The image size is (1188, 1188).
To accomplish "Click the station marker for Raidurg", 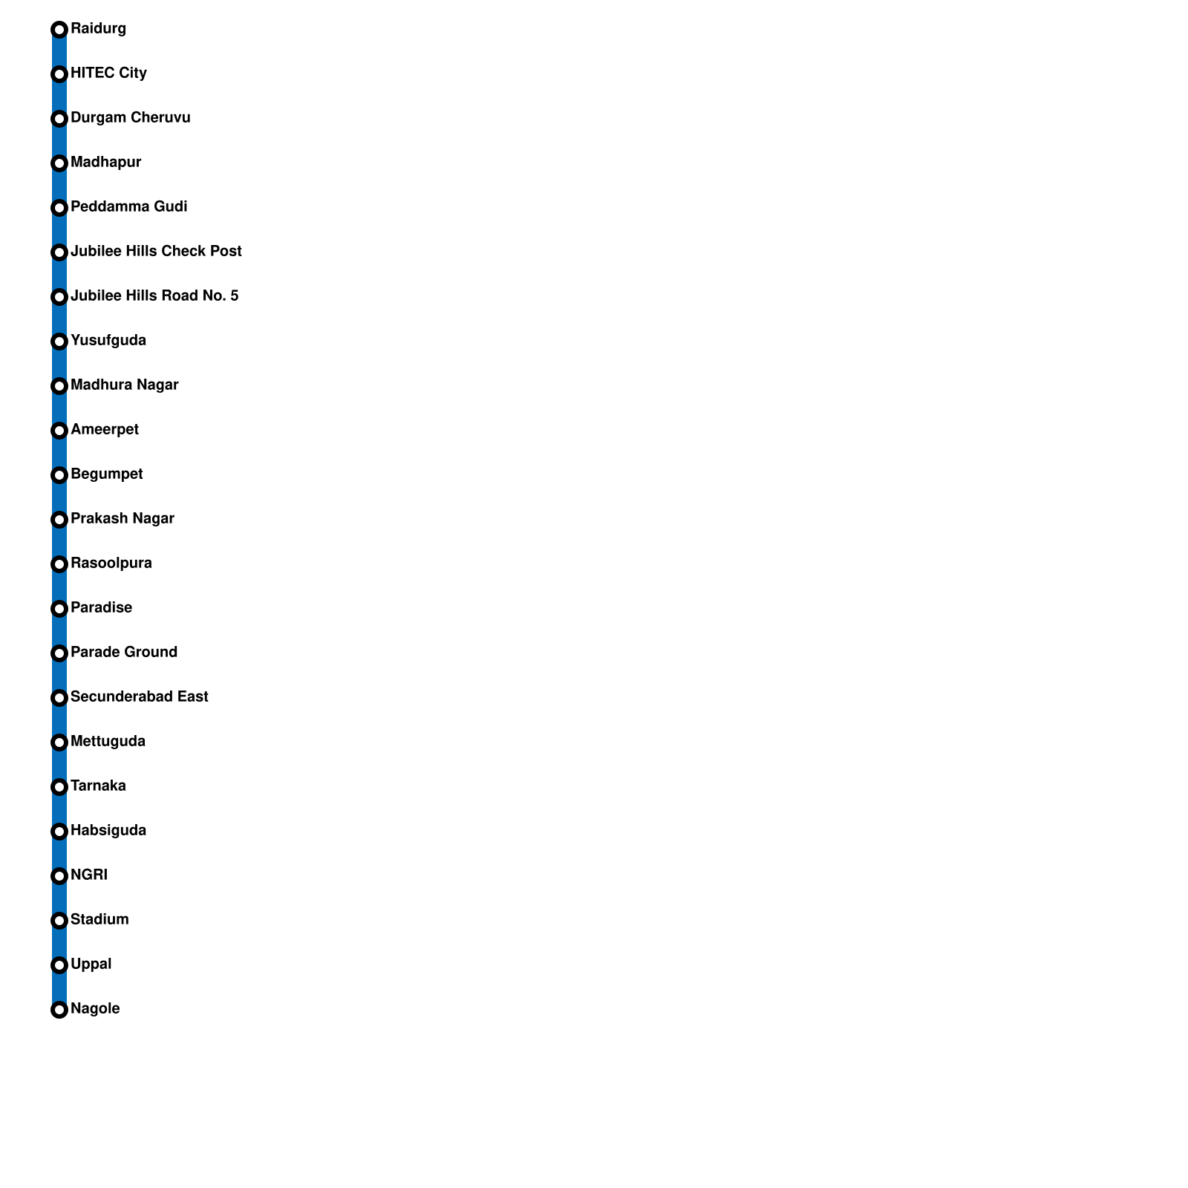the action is click(x=59, y=30).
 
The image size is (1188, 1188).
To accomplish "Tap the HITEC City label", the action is click(x=108, y=74).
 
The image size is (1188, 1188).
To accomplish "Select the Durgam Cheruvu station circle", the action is click(x=59, y=119).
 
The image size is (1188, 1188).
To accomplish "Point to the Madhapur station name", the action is click(x=105, y=163).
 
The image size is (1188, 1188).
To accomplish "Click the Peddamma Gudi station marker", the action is click(x=59, y=208).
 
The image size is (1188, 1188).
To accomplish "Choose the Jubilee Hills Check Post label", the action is click(x=156, y=252).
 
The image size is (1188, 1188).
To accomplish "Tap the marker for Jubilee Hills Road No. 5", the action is click(x=59, y=297).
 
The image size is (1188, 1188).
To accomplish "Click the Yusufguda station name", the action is click(x=108, y=341).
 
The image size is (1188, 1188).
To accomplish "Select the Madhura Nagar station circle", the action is click(x=59, y=386).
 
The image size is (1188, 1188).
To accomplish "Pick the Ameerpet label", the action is click(x=104, y=430).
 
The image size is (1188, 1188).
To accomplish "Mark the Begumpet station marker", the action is click(x=59, y=475).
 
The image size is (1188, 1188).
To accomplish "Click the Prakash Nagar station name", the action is click(x=122, y=519).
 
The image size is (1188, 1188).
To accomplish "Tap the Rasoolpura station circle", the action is click(x=59, y=564).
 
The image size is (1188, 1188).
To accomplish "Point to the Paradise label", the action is click(x=101, y=608).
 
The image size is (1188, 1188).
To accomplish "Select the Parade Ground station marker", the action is click(x=59, y=653).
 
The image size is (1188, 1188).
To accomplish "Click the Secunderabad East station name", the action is click(x=139, y=697).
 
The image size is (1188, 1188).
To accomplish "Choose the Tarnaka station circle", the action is click(x=59, y=787).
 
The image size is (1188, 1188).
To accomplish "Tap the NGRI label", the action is click(x=88, y=875).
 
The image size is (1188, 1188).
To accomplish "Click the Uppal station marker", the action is click(x=59, y=965).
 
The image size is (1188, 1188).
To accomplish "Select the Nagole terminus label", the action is click(x=95, y=1009).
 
